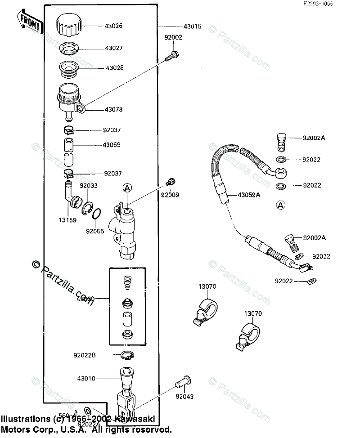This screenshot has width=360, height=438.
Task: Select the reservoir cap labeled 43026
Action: pos(69,26)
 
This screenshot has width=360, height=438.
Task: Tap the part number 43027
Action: pos(114,48)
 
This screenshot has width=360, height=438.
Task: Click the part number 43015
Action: pos(192,27)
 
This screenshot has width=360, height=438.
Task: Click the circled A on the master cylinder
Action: pos(127,188)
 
